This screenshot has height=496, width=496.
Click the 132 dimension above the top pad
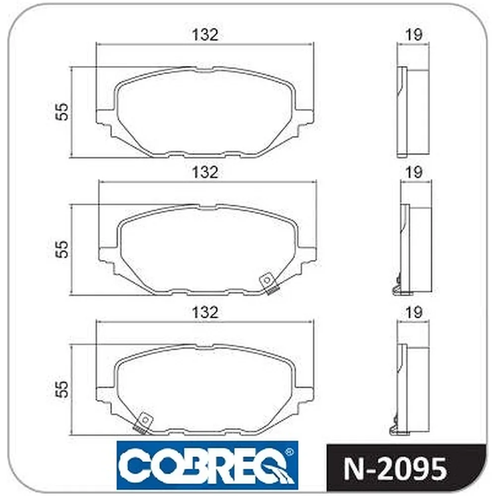tap(205, 35)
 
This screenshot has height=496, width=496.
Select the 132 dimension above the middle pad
tap(205, 173)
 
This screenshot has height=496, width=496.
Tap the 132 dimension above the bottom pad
tap(205, 312)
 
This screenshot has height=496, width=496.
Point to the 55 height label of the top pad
tap(62, 111)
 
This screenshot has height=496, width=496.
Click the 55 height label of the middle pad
tap(62, 249)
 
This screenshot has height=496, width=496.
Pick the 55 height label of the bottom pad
tap(62, 389)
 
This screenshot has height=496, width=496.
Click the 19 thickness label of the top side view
tap(414, 35)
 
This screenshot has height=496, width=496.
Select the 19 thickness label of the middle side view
tap(414, 173)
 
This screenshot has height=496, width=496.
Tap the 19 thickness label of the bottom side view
tap(414, 312)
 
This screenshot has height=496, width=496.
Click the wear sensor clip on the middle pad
tap(268, 283)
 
